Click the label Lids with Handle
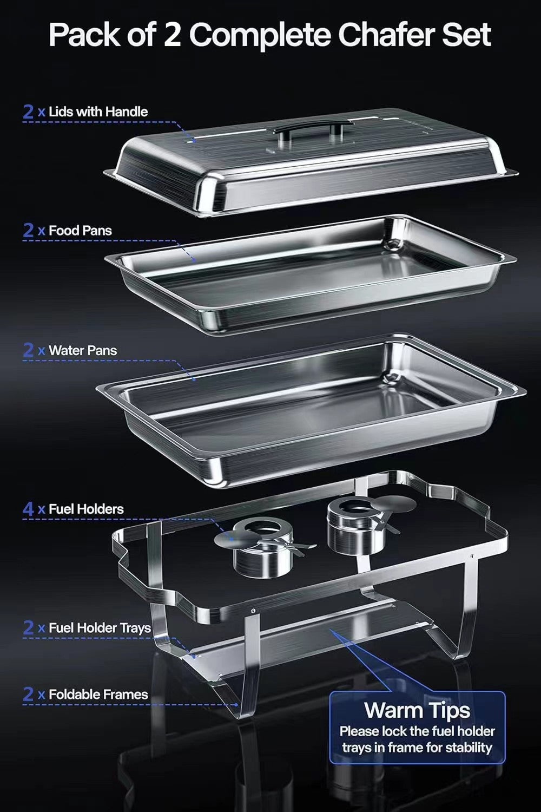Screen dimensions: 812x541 pos(98,112)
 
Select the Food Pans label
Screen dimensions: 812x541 pos(80,231)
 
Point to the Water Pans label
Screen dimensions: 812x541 pos(83,350)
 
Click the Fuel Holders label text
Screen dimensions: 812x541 pos(86,509)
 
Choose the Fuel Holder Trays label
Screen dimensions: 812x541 pos(100,628)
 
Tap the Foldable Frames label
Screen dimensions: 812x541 pos(98,695)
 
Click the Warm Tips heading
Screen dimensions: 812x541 pos(417,710)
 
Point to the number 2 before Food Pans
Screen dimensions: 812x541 pos(29,231)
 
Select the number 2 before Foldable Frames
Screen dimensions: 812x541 pos(29,695)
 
